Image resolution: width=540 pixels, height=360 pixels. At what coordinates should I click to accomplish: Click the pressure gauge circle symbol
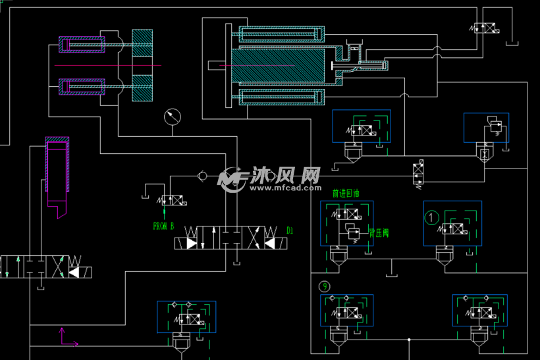point(173,117)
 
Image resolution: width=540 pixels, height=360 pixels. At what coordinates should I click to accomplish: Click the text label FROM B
point(163,226)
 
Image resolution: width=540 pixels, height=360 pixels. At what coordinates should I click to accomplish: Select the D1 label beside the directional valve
point(290,230)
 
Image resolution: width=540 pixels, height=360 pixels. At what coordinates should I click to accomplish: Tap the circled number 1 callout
point(432,217)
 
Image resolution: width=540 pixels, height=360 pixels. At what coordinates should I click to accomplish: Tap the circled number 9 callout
point(324,286)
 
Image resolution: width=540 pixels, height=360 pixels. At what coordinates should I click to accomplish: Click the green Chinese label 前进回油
point(346,194)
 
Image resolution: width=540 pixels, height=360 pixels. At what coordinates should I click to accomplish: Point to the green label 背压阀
point(379,232)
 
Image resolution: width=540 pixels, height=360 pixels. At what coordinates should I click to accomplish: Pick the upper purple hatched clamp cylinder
point(82,45)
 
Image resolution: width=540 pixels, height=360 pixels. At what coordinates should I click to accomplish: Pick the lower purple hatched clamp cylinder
point(82,86)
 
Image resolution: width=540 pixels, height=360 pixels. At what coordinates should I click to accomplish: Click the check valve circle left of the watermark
point(203,176)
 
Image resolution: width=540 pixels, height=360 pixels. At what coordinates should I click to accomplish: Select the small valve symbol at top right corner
point(488,28)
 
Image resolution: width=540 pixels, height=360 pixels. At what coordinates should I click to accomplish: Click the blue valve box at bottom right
point(479,311)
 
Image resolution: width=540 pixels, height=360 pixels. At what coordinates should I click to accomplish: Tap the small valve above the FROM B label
point(172,199)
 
